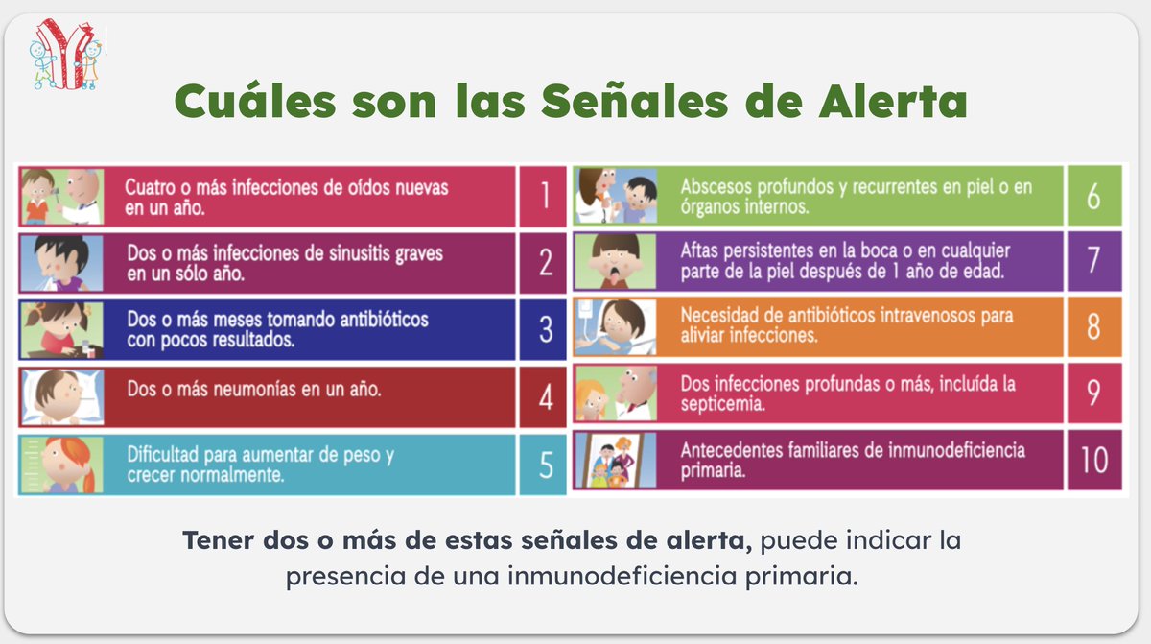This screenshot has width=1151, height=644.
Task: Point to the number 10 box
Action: [x=1092, y=459]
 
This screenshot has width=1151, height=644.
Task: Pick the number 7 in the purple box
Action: [x=1092, y=262]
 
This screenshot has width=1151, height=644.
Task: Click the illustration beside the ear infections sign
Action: [x=60, y=196]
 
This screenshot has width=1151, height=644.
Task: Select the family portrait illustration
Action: [x=615, y=459]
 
